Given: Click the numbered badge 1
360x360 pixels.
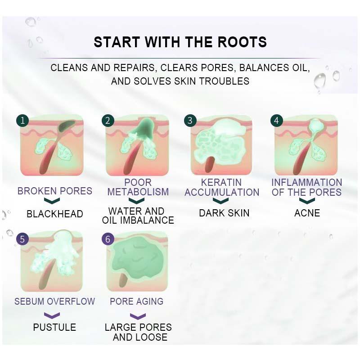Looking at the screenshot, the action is click(x=22, y=121).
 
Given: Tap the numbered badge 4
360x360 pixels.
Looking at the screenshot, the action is click(x=276, y=121).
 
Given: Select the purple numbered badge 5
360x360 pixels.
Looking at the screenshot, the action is click(x=22, y=239).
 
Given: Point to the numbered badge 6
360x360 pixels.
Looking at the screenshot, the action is click(x=108, y=239).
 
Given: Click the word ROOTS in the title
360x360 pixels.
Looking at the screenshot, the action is click(x=242, y=42).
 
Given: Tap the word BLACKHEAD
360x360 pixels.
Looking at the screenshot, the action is click(x=54, y=214).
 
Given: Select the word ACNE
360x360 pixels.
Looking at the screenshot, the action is click(x=307, y=213).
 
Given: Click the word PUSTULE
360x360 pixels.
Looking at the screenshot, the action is click(x=54, y=327).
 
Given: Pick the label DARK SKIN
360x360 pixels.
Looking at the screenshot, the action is click(x=224, y=213).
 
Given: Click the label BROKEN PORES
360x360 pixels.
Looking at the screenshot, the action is click(x=54, y=191).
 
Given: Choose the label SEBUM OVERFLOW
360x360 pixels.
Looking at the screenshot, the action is click(x=54, y=301).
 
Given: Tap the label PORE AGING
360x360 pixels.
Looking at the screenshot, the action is click(x=137, y=301).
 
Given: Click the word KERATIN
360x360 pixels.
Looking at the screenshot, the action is click(x=221, y=183).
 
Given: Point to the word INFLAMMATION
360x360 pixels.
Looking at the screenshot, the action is click(x=307, y=183).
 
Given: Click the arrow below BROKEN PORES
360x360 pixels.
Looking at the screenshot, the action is click(x=52, y=201).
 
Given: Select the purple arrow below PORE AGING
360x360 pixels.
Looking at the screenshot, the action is click(x=138, y=316).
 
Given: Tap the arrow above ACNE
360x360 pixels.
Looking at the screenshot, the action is click(x=307, y=200).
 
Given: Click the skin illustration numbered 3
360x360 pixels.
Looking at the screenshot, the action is click(x=221, y=145).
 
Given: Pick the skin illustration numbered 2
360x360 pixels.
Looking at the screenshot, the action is click(x=137, y=145).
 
